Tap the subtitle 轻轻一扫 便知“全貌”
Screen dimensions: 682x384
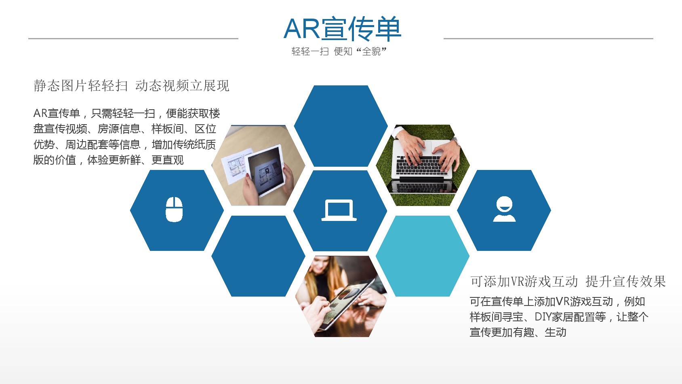[x=339, y=51]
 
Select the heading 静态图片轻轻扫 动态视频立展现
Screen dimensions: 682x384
[x=131, y=86]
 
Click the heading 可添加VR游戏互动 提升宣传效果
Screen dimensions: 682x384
[x=568, y=281]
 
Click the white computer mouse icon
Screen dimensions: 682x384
[x=174, y=209]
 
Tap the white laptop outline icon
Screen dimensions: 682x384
[x=339, y=210]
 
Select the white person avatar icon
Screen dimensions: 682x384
[x=504, y=209]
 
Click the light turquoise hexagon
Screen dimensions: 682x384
[x=423, y=256]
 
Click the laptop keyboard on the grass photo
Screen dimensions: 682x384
[x=422, y=165]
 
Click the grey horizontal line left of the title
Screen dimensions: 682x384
[x=133, y=38]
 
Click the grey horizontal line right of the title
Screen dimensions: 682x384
[x=548, y=38]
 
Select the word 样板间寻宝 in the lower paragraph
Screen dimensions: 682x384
[x=496, y=317]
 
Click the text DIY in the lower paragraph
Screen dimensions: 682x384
[x=543, y=317]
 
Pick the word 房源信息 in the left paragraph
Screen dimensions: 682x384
[x=119, y=129]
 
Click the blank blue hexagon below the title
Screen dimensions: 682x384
[x=341, y=126]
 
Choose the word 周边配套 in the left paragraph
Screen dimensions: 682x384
[x=86, y=144]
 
